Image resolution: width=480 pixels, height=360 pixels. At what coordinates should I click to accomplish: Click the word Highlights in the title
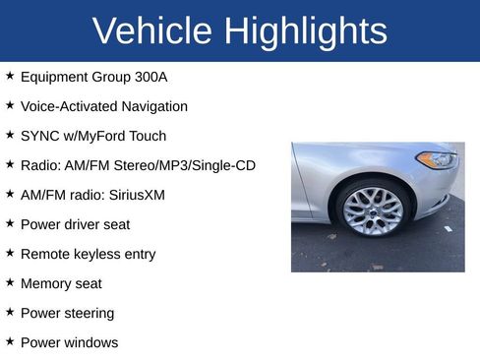(x=305, y=31)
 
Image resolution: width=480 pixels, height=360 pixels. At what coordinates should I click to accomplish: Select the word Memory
(x=46, y=283)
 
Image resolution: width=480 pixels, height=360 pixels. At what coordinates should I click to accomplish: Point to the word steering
(x=88, y=313)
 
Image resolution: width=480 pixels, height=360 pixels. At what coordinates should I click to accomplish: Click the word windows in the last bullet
(x=90, y=342)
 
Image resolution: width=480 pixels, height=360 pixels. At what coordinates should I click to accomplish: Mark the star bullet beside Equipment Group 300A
(x=10, y=75)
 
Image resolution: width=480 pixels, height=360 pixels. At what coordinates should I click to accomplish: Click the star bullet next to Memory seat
(x=10, y=282)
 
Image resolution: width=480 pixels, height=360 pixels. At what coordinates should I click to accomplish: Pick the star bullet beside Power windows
(x=10, y=341)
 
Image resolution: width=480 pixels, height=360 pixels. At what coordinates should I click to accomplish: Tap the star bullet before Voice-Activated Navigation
(x=10, y=104)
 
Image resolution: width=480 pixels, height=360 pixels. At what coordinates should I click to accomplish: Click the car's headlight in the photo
(x=436, y=158)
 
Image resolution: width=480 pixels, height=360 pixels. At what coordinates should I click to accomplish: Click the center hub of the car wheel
(x=373, y=210)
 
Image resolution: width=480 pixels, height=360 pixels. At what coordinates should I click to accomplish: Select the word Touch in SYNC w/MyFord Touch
(x=147, y=136)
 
